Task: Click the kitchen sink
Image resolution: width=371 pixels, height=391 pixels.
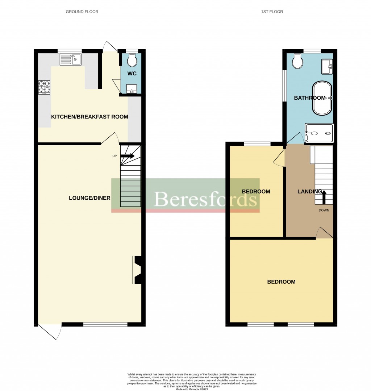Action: pos(71,59)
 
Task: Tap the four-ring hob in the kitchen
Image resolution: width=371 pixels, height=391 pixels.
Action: pos(44,87)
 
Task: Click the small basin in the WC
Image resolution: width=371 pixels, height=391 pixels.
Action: pos(130,88)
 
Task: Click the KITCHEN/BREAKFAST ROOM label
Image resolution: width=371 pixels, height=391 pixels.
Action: pos(89,117)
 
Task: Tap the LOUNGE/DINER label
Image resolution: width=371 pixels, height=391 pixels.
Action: pos(90,198)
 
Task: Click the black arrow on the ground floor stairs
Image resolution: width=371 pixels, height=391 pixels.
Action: pos(127,156)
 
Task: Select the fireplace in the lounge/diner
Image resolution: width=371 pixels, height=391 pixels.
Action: pos(137,270)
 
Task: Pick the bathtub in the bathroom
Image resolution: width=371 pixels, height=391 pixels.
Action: pos(322,98)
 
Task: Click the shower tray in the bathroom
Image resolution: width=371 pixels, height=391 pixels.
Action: pos(319,133)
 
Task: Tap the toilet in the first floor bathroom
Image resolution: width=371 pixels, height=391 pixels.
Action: pos(298,62)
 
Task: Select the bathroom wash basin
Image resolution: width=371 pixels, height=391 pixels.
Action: pos(327,65)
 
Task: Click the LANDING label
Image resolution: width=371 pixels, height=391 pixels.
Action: pos(309,191)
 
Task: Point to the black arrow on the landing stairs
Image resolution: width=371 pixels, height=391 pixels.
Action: pos(324,197)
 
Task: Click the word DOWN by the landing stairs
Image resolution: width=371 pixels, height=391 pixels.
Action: pos(324,210)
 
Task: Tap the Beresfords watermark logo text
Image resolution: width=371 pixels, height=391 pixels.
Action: pos(206,199)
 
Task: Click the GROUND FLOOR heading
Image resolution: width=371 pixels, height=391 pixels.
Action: pos(82,12)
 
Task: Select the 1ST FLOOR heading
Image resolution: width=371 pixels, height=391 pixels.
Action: pos(272,12)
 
